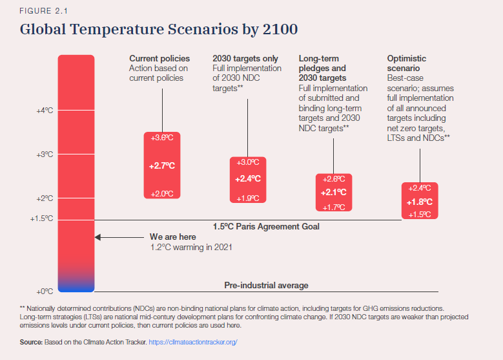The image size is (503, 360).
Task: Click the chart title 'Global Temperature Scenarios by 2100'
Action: point(159,30)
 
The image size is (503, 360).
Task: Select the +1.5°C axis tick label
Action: point(41,219)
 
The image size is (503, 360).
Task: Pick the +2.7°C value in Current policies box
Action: point(162,166)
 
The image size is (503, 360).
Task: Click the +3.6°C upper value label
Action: point(162,138)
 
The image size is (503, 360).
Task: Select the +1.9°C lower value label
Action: point(249,198)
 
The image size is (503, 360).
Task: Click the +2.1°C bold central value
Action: point(334,193)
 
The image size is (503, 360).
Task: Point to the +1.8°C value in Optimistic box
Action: point(420,202)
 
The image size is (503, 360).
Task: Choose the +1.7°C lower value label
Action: point(334,207)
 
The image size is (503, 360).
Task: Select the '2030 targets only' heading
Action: point(246,59)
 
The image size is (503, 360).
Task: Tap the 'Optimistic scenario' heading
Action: point(406,63)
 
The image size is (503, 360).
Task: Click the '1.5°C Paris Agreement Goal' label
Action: point(266,227)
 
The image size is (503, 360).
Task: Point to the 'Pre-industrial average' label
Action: point(266,285)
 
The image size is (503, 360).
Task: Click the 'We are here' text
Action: point(172,237)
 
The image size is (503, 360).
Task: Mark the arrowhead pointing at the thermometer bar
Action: point(98,237)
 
